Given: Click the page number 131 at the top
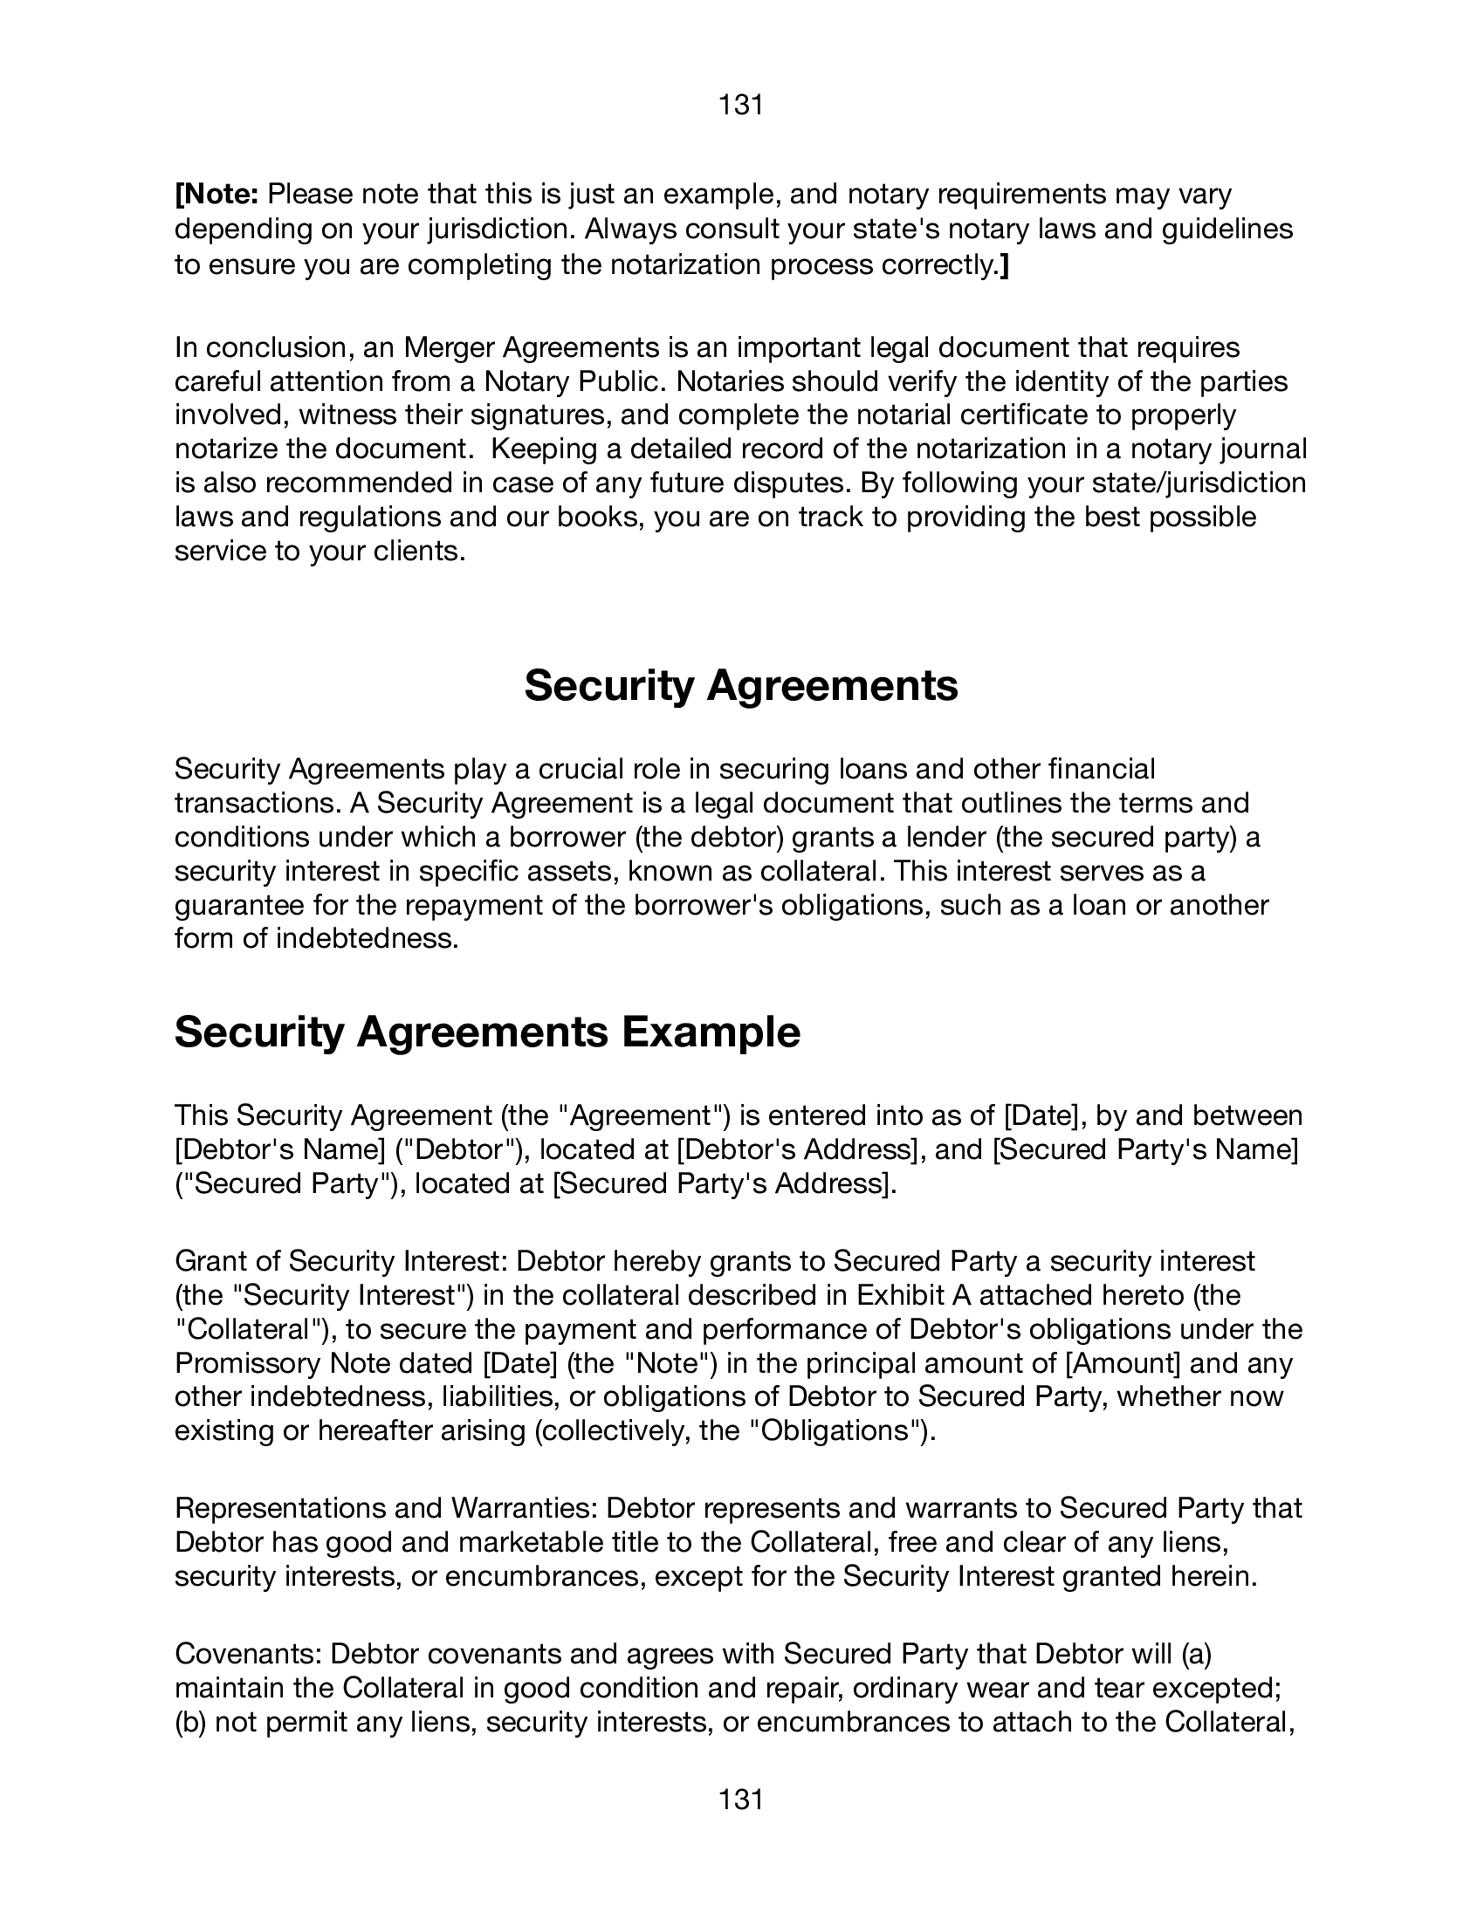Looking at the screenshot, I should tap(740, 106).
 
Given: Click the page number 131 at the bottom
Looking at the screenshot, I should tap(740, 1800).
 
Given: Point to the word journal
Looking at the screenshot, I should tap(1262, 449).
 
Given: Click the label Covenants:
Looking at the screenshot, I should tap(248, 1654).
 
